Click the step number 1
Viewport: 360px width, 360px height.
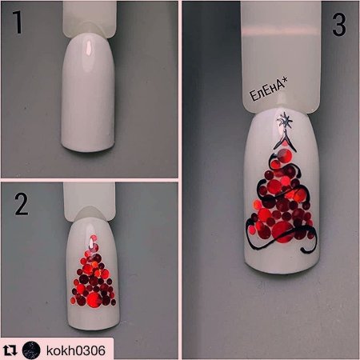tap(18, 22)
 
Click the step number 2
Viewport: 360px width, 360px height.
tap(22, 204)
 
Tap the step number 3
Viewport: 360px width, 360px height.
tap(339, 25)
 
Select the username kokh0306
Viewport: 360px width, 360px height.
tap(76, 350)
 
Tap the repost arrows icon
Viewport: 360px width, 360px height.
tap(10, 350)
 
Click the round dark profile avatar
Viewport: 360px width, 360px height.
tap(31, 350)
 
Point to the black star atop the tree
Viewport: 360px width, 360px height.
tap(285, 122)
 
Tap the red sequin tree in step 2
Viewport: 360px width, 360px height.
tap(94, 272)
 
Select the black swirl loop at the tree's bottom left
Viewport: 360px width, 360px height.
tap(251, 234)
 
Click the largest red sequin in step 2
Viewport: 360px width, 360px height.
tap(94, 299)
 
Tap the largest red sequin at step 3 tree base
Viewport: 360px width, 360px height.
tap(282, 232)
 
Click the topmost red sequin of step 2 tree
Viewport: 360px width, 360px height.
tap(94, 238)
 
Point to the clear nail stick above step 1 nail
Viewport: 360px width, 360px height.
tap(90, 18)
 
